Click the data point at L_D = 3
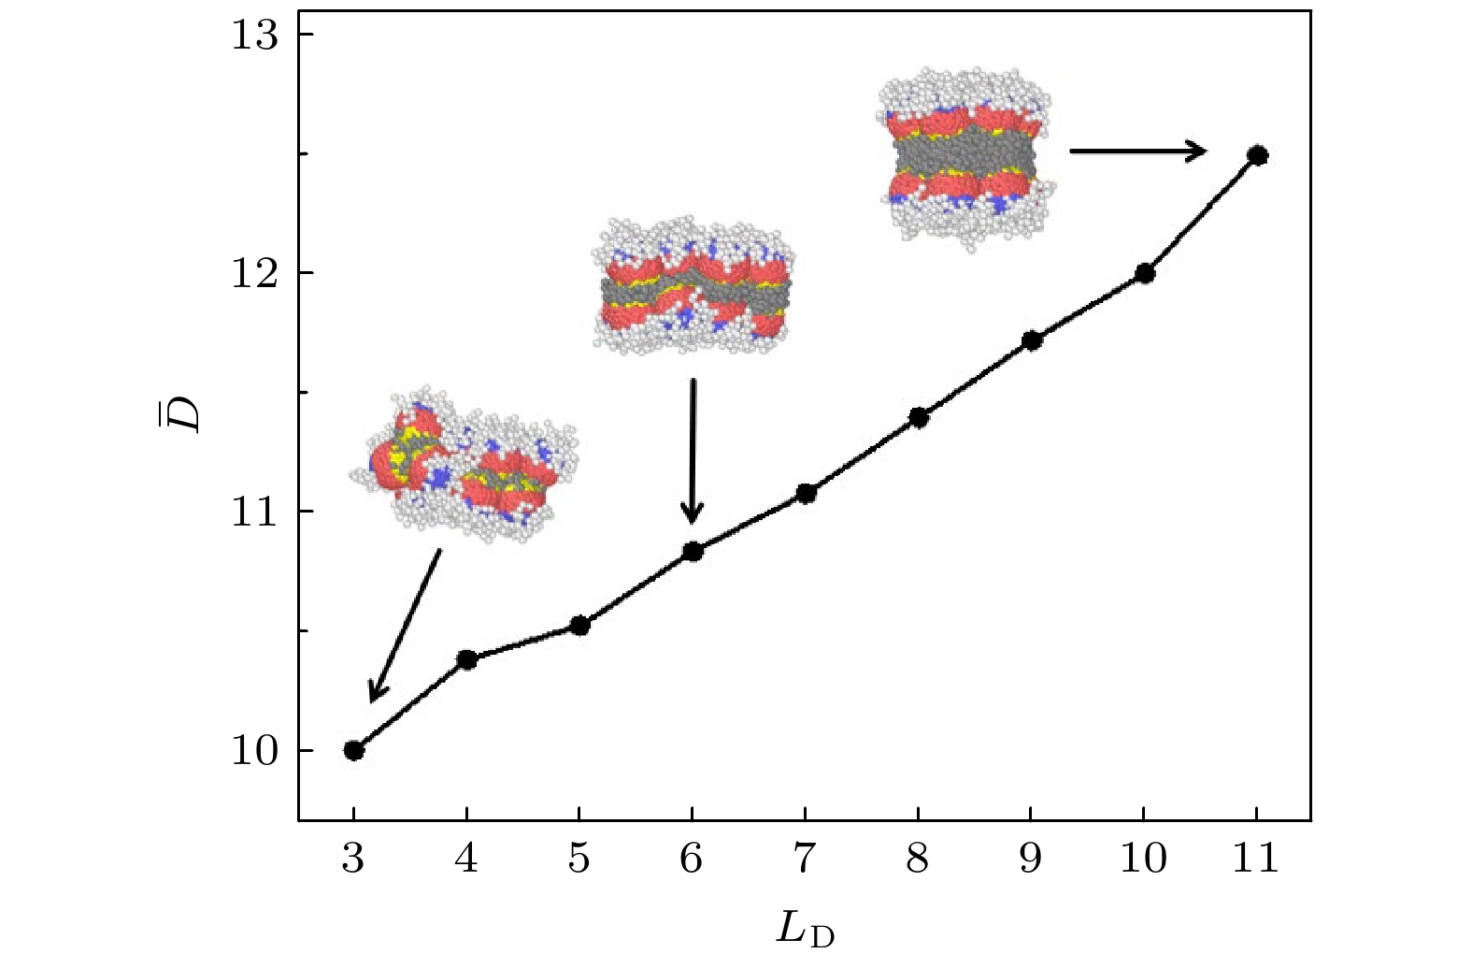click(x=353, y=750)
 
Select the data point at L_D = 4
click(x=466, y=659)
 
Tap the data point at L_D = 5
click(x=579, y=625)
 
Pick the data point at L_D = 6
click(x=693, y=552)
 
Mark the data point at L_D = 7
click(x=806, y=493)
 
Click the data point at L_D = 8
click(x=919, y=417)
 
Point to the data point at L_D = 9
click(x=1032, y=340)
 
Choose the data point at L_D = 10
click(x=1145, y=273)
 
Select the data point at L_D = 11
click(x=1258, y=155)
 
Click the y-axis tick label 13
click(x=254, y=36)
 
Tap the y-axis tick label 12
click(x=254, y=273)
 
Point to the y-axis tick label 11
click(x=254, y=512)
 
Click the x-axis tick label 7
click(x=805, y=858)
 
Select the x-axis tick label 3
click(x=352, y=858)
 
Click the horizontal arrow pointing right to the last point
click(x=1137, y=150)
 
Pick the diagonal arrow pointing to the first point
click(x=405, y=625)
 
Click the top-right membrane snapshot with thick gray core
click(x=965, y=154)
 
